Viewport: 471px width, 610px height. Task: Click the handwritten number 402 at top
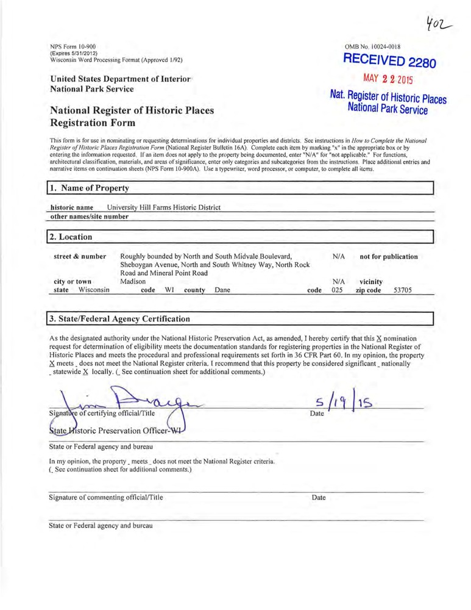point(440,24)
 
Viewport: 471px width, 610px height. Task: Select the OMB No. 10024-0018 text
point(372,46)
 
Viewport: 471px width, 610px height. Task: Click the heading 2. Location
point(72,237)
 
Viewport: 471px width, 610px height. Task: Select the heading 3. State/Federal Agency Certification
point(121,319)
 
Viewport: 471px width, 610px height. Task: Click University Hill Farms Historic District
point(163,207)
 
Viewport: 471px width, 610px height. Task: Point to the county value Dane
point(222,291)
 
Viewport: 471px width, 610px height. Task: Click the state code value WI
point(171,291)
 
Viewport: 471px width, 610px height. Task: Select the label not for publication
point(389,257)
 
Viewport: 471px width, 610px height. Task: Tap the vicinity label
point(370,282)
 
